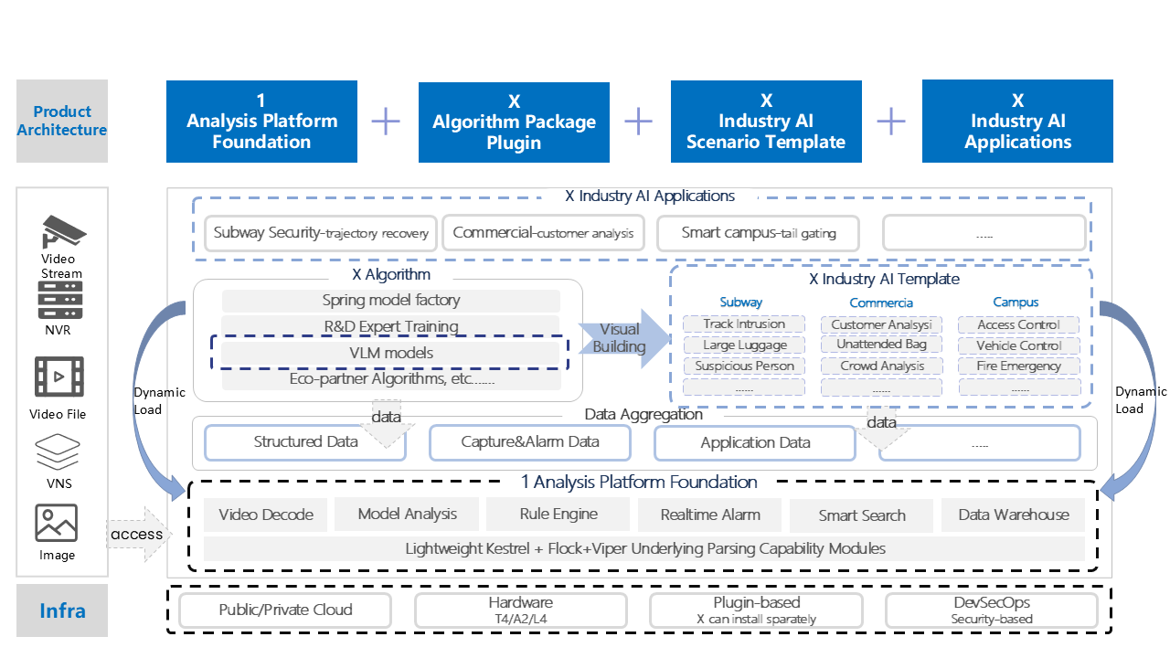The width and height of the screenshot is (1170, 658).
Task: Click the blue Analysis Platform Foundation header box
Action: [261, 122]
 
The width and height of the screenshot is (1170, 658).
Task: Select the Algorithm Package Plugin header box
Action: [514, 122]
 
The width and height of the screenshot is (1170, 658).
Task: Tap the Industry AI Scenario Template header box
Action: [766, 122]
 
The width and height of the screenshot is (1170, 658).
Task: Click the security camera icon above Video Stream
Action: [62, 232]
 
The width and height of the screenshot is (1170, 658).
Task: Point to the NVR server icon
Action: [60, 300]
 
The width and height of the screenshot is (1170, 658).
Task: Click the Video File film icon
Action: [59, 377]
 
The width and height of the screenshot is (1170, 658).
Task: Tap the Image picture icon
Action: [57, 523]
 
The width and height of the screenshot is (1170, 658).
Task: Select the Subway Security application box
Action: [321, 233]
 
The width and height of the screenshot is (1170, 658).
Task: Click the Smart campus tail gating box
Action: [759, 233]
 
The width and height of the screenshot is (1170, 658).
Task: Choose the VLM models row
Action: [390, 353]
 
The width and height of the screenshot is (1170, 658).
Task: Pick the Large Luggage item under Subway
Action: [744, 345]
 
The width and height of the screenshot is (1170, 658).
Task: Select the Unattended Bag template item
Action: [881, 345]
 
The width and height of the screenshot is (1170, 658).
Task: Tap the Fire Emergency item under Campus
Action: [1018, 366]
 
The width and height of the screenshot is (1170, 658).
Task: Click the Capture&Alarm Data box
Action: [530, 442]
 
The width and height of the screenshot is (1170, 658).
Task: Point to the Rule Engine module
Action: [558, 515]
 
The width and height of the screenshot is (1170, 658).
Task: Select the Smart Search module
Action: [861, 515]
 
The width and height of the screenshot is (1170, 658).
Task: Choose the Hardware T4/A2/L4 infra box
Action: [521, 610]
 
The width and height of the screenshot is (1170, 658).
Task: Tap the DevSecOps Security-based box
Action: [992, 610]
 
